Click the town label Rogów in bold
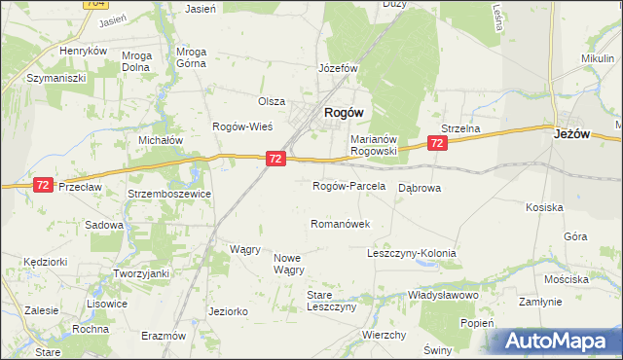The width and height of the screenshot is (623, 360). pos(344,113)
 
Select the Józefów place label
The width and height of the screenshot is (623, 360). pos(340,69)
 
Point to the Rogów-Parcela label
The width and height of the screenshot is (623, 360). pos(348,185)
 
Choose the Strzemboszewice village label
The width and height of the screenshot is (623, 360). pos(170,194)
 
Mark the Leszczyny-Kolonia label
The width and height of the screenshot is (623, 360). pos(411,253)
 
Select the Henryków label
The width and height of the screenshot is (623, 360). pos(82,51)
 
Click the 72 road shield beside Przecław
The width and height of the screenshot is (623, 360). pos(43,184)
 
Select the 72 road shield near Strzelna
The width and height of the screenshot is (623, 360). pos(437,143)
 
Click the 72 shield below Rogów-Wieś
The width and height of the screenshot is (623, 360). pos(275,158)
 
